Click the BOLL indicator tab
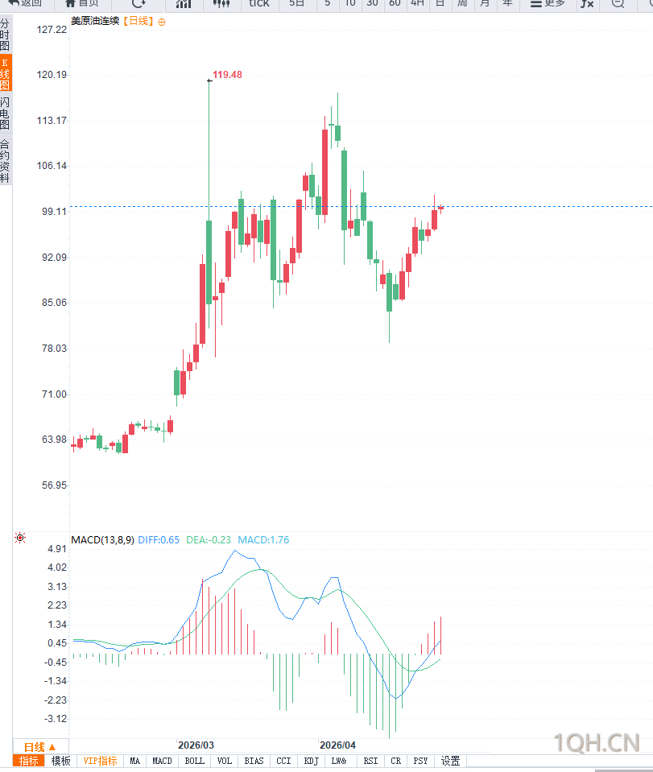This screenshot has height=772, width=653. click(195, 761)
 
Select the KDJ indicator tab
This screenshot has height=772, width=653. click(312, 761)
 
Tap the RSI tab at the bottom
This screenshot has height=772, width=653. click(370, 761)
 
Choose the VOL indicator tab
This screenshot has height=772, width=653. click(225, 761)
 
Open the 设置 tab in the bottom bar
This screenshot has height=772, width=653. click(450, 761)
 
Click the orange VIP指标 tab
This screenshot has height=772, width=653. click(101, 761)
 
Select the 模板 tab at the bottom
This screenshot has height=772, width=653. click(61, 761)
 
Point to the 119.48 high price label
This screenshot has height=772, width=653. click(227, 75)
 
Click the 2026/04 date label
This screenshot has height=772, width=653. click(337, 745)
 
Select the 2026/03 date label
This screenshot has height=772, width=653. click(196, 745)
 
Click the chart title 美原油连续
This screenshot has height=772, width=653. click(95, 22)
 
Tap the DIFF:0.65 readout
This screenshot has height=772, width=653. click(159, 540)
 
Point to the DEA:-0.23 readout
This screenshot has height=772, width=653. click(209, 540)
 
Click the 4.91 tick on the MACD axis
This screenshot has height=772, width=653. click(57, 549)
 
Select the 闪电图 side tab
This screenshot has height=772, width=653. click(6, 114)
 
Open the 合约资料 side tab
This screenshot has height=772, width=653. click(6, 161)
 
